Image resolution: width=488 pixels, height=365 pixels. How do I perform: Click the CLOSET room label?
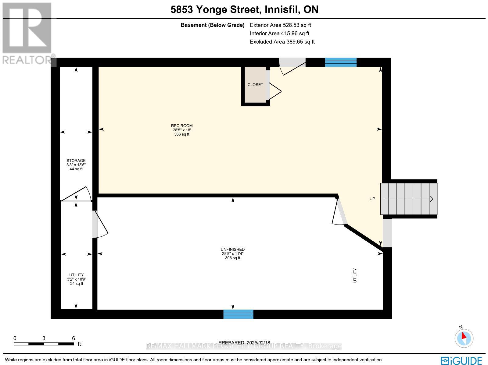pyautogui.click(x=255, y=85)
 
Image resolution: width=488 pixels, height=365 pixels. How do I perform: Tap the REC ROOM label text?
pyautogui.click(x=181, y=126)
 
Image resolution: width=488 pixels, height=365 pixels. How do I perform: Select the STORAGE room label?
pyautogui.click(x=76, y=161)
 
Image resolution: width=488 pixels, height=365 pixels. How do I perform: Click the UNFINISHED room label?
pyautogui.click(x=233, y=250)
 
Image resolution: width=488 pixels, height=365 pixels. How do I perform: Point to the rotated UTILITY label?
pyautogui.click(x=355, y=275)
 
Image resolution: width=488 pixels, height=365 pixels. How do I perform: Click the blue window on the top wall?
pyautogui.click(x=341, y=62)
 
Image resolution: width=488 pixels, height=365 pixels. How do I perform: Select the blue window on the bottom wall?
pyautogui.click(x=238, y=314)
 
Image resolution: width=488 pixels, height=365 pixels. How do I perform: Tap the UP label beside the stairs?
pyautogui.click(x=372, y=199)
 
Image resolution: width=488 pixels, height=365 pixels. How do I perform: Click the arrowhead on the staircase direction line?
pyautogui.click(x=431, y=199)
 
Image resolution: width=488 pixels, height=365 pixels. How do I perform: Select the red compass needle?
pyautogui.click(x=464, y=336)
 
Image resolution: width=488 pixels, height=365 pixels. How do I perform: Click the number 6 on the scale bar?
pyautogui.click(x=73, y=338)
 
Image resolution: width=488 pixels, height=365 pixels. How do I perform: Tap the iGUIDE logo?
pyautogui.click(x=461, y=361)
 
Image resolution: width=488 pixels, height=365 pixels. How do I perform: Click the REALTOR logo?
pyautogui.click(x=28, y=34)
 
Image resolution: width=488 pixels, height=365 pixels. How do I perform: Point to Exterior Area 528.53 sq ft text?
pyautogui.click(x=280, y=25)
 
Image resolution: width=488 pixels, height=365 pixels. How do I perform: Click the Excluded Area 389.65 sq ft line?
pyautogui.click(x=282, y=42)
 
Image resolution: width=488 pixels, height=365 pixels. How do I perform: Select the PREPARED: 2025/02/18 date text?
pyautogui.click(x=244, y=343)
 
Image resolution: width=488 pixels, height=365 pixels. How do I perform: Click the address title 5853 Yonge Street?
pyautogui.click(x=244, y=9)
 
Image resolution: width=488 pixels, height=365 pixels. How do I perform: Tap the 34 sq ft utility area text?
pyautogui.click(x=76, y=284)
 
